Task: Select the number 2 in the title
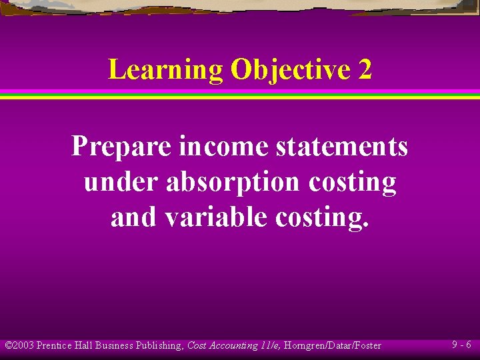tap(365, 70)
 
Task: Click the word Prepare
tap(121, 147)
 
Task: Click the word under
tap(121, 182)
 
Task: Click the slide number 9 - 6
tap(461, 345)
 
